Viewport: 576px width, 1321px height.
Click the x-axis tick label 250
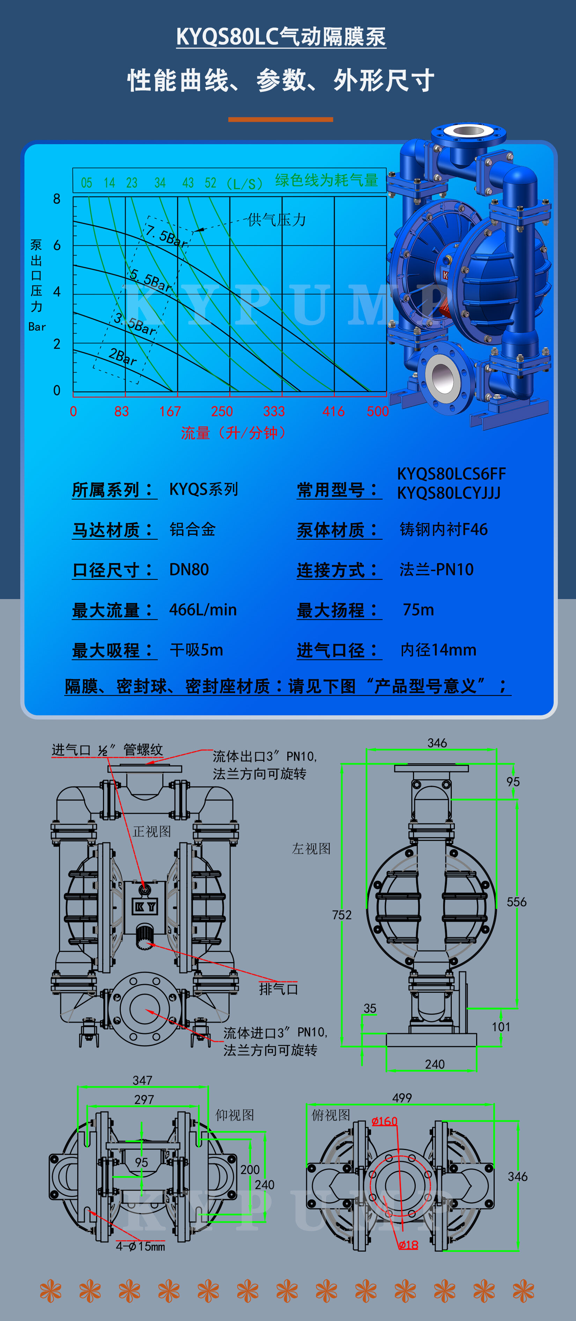222,411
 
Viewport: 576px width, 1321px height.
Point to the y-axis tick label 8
57,199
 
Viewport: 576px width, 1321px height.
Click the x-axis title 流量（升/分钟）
234,433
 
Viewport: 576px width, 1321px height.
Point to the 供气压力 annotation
277,220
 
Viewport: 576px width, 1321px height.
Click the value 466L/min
203,610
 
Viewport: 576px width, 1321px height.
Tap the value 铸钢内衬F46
444,529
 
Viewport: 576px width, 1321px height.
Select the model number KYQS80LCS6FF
451,473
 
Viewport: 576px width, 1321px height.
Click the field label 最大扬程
331,610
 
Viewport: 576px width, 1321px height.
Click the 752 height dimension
342,915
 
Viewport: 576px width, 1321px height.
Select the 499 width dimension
401,1098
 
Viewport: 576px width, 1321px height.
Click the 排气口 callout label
279,989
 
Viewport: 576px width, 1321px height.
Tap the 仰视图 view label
234,1115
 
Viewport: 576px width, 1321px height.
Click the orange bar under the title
281,119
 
